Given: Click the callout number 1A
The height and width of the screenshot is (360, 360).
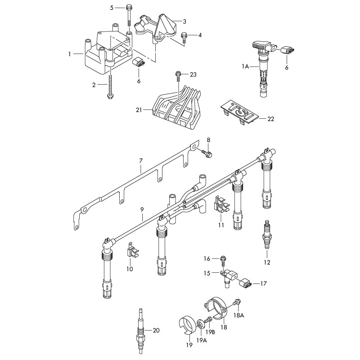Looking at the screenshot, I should point(245,66).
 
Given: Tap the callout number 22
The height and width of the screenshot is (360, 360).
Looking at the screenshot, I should point(270,119).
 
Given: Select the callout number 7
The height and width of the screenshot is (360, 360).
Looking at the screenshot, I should point(141,160).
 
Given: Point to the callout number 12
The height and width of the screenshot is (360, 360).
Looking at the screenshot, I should point(267,262).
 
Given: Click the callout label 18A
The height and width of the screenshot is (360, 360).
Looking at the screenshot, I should point(238,316).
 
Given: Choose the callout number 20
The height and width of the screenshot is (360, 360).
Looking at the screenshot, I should point(156,330).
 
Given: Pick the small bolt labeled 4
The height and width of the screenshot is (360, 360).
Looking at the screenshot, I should point(183,36).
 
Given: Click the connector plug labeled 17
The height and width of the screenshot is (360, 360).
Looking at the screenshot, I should point(245,284).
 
